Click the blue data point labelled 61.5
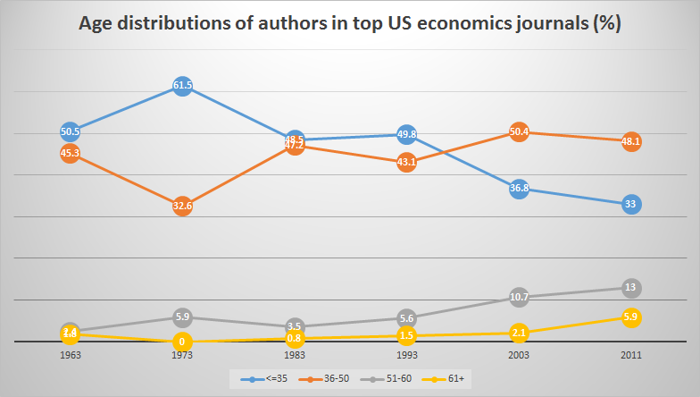(x=182, y=86)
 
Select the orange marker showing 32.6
(x=182, y=206)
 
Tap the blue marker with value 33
(x=630, y=204)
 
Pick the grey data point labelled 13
(x=630, y=288)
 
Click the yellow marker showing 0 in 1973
(x=182, y=342)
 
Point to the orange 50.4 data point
(x=519, y=132)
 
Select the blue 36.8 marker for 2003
(x=519, y=189)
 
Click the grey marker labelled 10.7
(x=519, y=297)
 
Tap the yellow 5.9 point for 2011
(x=630, y=317)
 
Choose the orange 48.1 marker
(x=630, y=141)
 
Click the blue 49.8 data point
(x=406, y=134)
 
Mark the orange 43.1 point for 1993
(x=406, y=162)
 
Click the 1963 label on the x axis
(x=71, y=355)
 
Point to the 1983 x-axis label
(x=295, y=355)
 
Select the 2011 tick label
(x=630, y=355)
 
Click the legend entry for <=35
(x=263, y=379)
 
